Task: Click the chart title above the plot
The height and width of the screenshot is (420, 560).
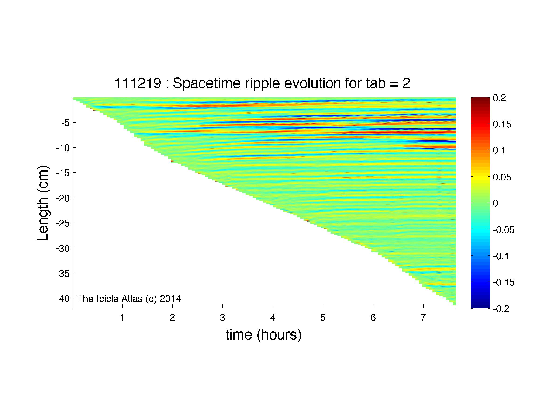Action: point(262,83)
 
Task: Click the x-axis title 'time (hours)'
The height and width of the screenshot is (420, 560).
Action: point(263,335)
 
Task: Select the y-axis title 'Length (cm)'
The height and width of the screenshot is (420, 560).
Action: point(43,203)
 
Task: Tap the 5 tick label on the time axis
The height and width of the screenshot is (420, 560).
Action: point(323,317)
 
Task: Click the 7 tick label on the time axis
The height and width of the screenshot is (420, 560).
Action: point(423,317)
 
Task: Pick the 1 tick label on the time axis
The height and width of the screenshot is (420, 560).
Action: point(122,317)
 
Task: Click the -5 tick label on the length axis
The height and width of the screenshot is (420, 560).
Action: point(65,123)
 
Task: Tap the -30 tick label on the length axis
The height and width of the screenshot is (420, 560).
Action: point(62,248)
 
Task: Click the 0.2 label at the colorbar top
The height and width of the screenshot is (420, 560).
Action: point(499,98)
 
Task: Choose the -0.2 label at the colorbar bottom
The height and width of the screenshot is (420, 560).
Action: point(501,309)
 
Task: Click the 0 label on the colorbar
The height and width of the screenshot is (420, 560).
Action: point(495,203)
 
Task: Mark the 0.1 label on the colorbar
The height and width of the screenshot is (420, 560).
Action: point(499,150)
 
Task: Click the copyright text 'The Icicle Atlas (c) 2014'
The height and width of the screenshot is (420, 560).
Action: point(129,299)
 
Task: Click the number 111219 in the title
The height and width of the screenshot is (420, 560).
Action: point(138,83)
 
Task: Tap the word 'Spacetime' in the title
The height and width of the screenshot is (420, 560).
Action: point(207,83)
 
